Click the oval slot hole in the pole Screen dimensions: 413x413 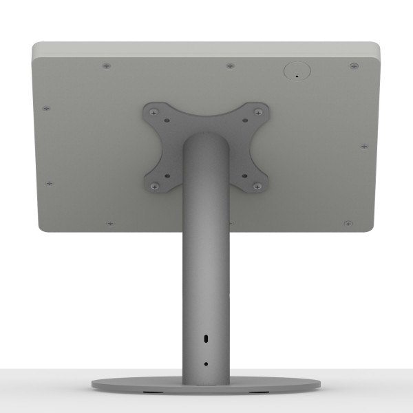(206, 340)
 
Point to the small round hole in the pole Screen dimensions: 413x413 (206, 363)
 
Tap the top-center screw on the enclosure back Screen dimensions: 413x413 (229, 67)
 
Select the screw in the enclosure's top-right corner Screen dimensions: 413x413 (352, 65)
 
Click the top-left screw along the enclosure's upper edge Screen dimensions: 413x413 (105, 66)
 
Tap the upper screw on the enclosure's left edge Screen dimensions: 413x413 (46, 107)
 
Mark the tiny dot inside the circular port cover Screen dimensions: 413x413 (297, 76)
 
